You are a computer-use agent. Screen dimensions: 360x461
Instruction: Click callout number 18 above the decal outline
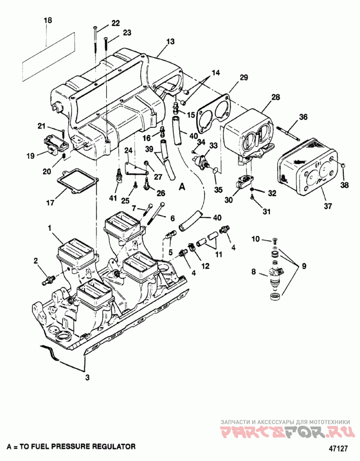point(48,20)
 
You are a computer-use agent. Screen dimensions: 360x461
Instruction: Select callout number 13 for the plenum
point(170,41)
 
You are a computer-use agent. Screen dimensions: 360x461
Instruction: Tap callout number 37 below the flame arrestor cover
point(328,206)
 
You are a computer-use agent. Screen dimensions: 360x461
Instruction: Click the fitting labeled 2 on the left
point(47,280)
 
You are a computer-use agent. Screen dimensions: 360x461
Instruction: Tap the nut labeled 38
point(342,167)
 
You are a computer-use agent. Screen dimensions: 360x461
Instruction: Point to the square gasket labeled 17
point(78,182)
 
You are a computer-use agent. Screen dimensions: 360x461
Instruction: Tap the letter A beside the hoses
point(182,186)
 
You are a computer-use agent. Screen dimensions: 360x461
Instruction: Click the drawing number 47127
point(338,449)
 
